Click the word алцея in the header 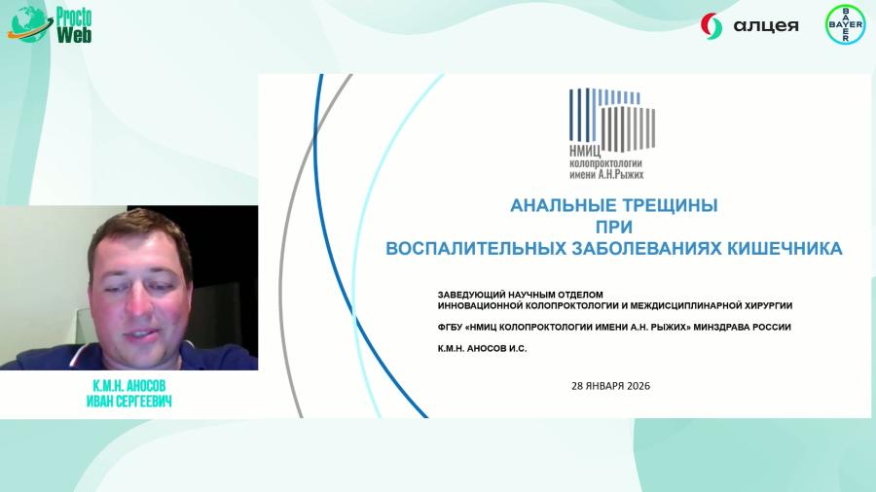[x=763, y=25]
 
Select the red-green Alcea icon [x=712, y=25]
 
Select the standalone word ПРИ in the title [x=614, y=228]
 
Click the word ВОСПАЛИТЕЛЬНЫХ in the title [x=475, y=248]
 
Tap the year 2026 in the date [x=636, y=385]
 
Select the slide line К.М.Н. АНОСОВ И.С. [x=483, y=348]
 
